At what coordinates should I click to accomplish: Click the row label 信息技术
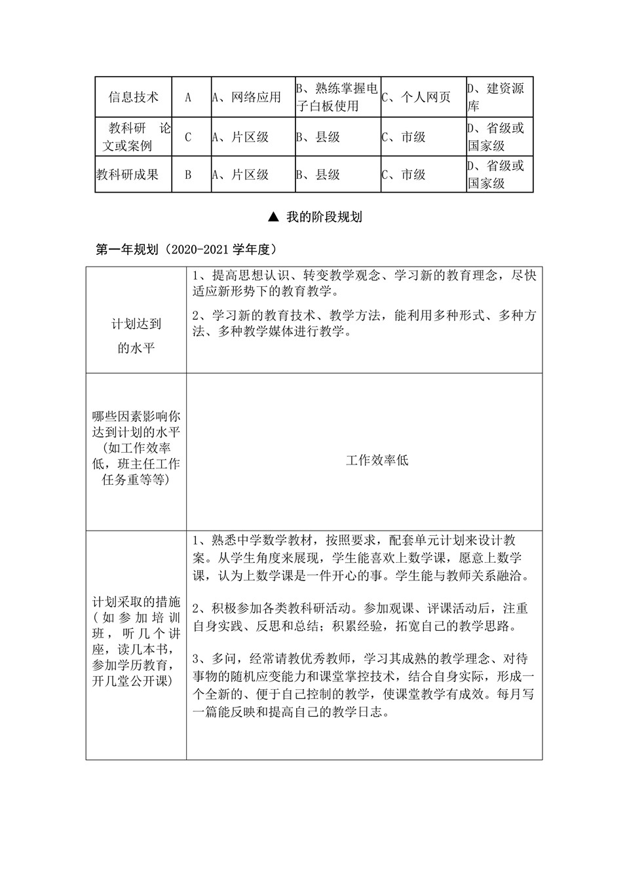[x=134, y=98]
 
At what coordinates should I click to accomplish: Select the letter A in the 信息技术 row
[x=188, y=98]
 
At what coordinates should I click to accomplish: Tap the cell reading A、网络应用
[x=246, y=98]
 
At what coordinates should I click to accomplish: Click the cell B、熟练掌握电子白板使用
[x=337, y=97]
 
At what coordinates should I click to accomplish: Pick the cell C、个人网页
[x=417, y=98]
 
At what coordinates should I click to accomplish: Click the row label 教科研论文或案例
[x=133, y=137]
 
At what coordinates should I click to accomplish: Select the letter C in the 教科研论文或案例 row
[x=188, y=138]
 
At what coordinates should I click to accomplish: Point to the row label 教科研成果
[x=128, y=175]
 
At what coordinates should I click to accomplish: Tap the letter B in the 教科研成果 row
[x=188, y=175]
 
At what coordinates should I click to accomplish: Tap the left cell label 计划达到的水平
[x=136, y=335]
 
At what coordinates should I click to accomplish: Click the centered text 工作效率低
[x=377, y=461]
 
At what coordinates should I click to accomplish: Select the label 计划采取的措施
[x=136, y=602]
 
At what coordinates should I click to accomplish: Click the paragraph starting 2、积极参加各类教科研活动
[x=360, y=617]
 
